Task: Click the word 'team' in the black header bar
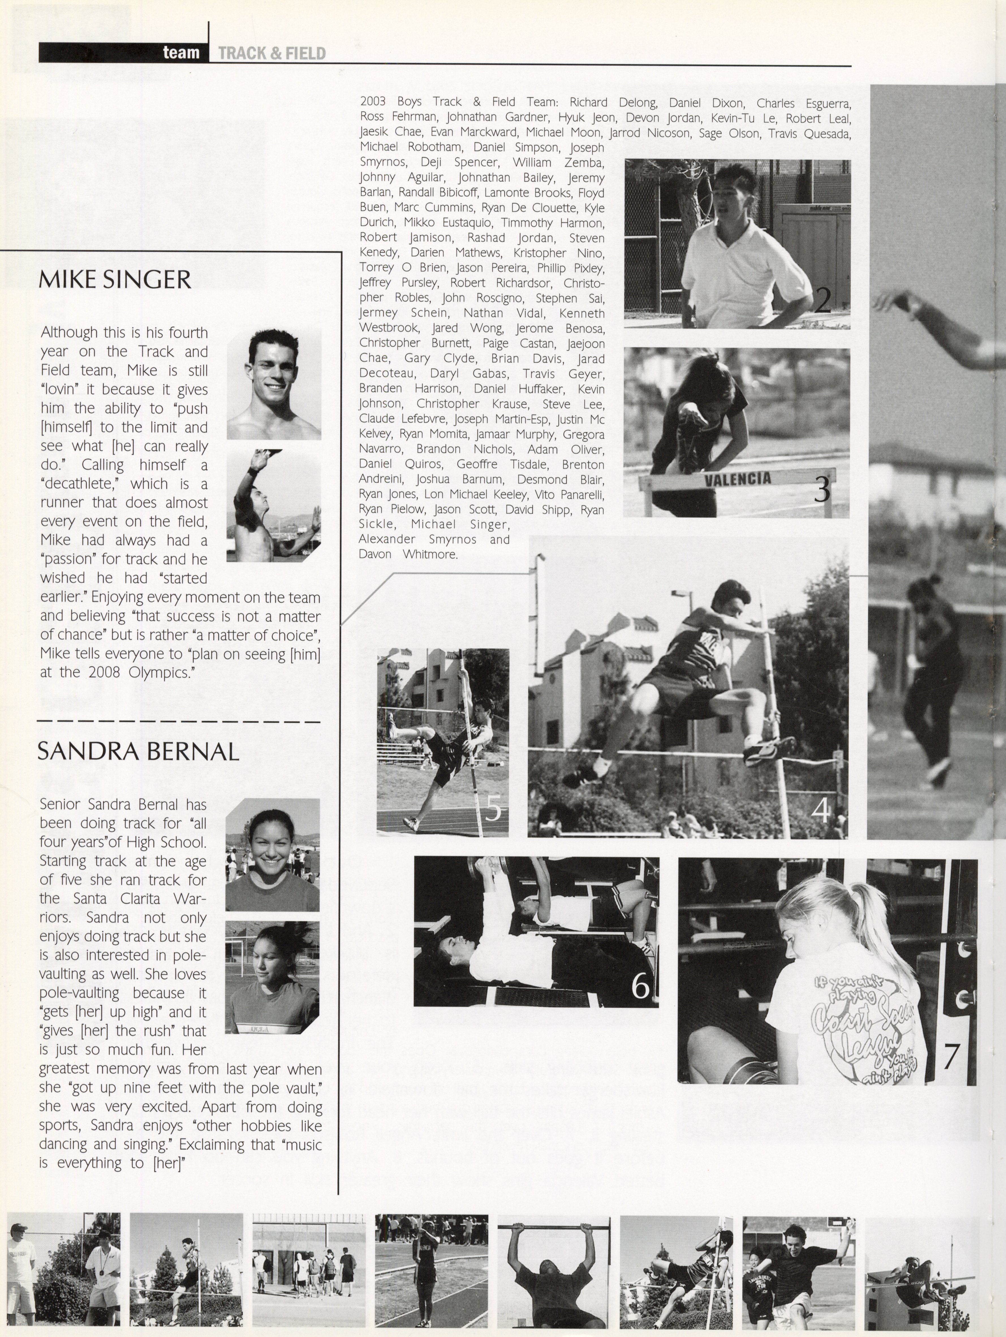[x=181, y=53]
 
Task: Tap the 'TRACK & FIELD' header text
[x=272, y=54]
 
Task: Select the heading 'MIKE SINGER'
[x=115, y=280]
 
